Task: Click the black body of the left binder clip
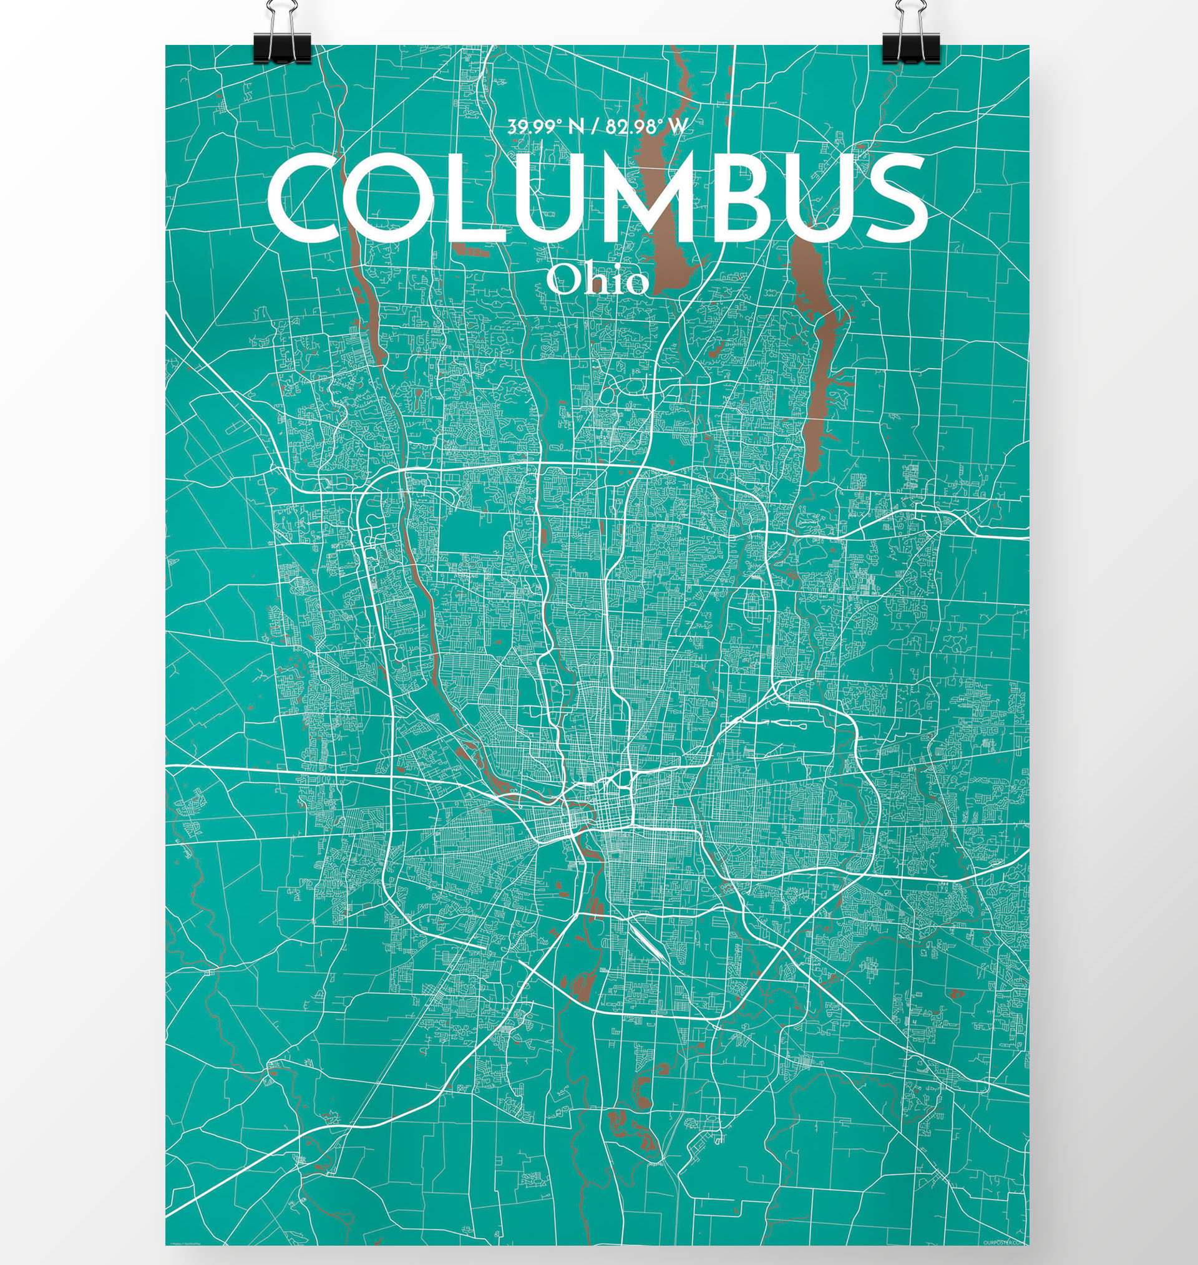(281, 49)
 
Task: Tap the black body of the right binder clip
(910, 49)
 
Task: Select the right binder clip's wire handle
(906, 16)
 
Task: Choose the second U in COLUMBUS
(817, 199)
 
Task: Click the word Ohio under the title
(598, 280)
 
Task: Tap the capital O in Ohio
(562, 280)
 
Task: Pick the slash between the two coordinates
(595, 127)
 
